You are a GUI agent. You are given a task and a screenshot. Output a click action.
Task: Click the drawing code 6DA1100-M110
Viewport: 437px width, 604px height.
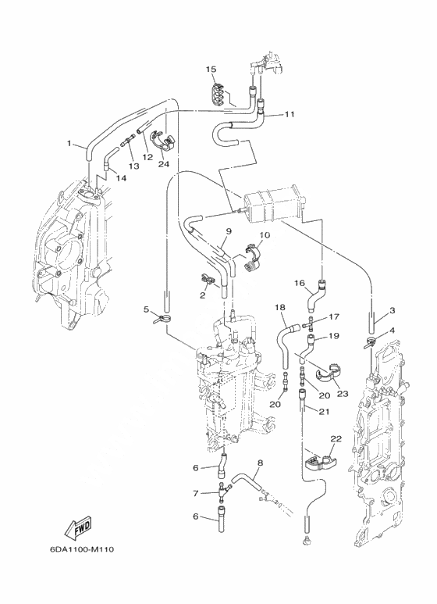[82, 549]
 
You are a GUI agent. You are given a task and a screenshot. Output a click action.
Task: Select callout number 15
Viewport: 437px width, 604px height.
[211, 70]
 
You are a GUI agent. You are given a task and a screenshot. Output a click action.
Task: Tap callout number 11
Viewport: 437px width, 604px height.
[290, 114]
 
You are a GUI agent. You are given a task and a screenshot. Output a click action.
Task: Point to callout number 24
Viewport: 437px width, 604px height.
[164, 164]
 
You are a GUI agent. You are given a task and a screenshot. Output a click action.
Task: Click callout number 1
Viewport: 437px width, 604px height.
[69, 143]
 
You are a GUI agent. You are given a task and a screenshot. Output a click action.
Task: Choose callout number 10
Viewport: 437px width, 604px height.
[265, 234]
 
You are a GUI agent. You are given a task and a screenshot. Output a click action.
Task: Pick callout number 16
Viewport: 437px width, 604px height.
[300, 284]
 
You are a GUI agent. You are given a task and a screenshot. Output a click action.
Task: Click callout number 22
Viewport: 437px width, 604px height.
[336, 439]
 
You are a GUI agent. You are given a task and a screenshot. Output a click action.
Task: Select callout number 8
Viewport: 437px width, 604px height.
[260, 463]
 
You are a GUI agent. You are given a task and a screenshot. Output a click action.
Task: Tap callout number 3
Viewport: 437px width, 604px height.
[392, 310]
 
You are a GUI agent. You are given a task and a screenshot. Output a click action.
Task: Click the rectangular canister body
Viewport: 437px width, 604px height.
[272, 209]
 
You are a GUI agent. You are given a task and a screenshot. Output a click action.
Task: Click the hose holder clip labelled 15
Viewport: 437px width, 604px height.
[218, 95]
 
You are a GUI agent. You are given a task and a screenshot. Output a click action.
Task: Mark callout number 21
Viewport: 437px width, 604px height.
[325, 412]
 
